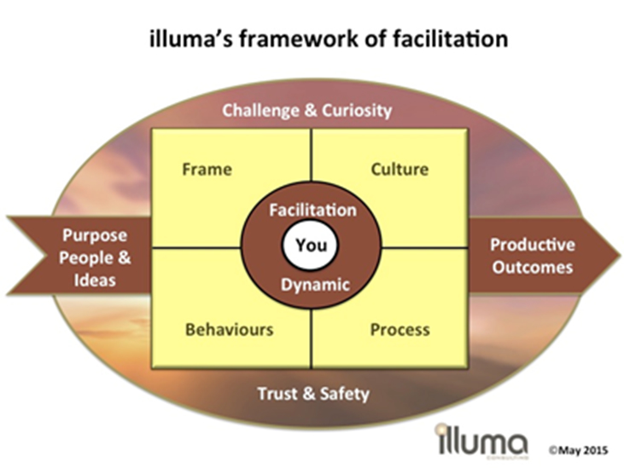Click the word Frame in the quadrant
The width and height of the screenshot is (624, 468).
click(x=207, y=169)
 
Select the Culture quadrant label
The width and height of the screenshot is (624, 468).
click(x=399, y=169)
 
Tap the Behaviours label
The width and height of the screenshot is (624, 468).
click(x=229, y=328)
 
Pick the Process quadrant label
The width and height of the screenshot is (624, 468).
click(x=399, y=328)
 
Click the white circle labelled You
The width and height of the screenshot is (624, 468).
click(x=312, y=246)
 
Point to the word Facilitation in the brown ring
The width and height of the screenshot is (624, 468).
click(x=312, y=209)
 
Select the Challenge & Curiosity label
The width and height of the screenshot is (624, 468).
click(x=306, y=110)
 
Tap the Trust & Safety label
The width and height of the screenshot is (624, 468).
click(x=313, y=393)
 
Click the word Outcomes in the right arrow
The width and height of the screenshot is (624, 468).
click(x=532, y=267)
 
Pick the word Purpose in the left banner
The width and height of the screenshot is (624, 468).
click(x=95, y=236)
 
